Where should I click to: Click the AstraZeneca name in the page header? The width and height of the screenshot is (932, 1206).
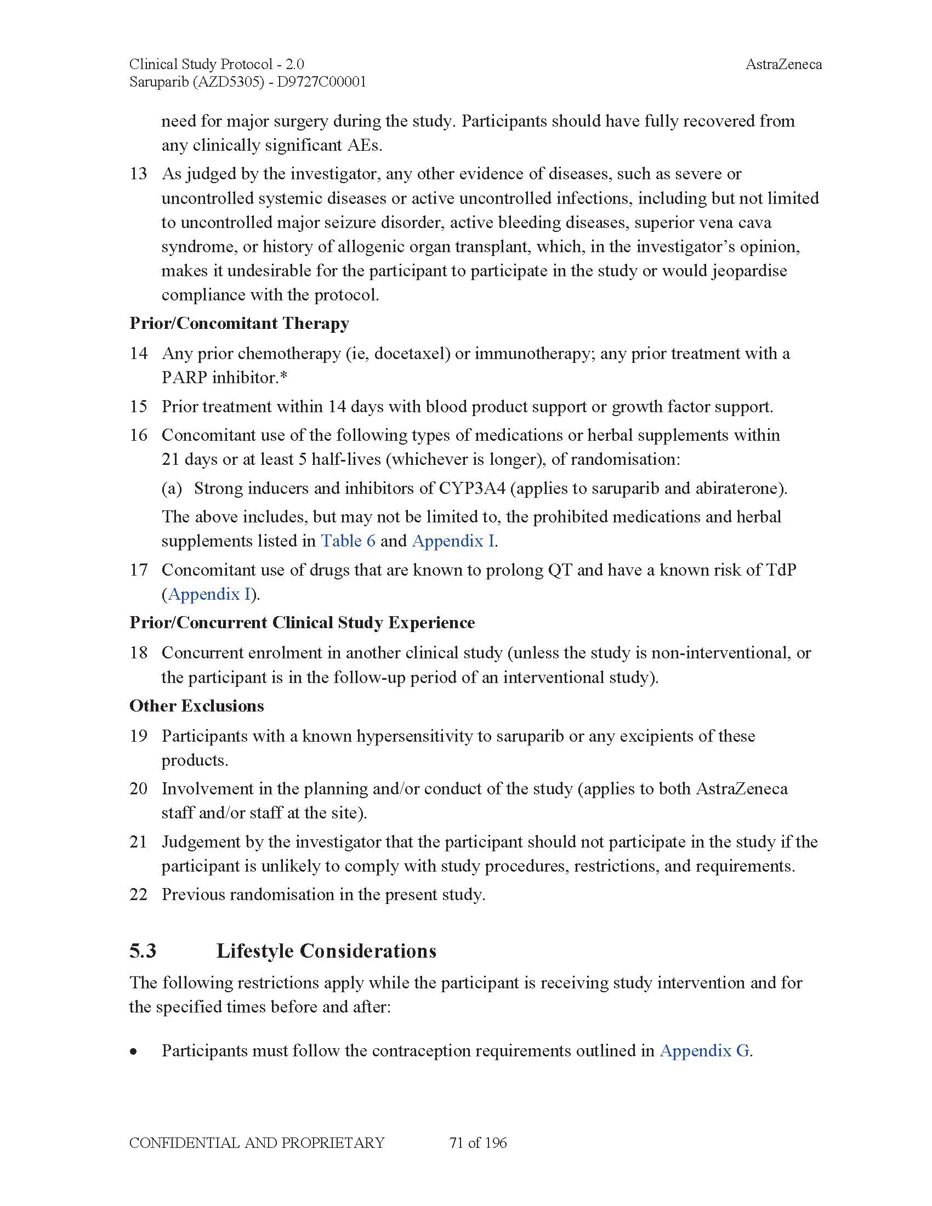(783, 65)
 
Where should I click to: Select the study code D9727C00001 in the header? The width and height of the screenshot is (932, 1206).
(321, 82)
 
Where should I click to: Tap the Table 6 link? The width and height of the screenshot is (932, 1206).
(348, 541)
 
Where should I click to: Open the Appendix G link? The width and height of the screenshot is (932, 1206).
(704, 1050)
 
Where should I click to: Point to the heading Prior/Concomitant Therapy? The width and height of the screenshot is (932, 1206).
(239, 323)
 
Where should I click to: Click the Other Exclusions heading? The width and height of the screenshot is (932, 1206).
(197, 706)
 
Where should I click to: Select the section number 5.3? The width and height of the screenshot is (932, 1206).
(143, 951)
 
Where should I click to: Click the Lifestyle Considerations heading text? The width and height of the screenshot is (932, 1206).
(326, 951)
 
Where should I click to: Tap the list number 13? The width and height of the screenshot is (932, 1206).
(139, 174)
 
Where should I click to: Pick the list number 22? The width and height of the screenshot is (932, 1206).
(139, 895)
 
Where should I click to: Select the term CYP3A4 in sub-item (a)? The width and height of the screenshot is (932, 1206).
(471, 488)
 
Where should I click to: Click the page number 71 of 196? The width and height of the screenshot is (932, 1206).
(478, 1143)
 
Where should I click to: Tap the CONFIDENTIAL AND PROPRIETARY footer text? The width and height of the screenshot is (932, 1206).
(257, 1143)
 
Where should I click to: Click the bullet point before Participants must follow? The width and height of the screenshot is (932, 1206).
(134, 1051)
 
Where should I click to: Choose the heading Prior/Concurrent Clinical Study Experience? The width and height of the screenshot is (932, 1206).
(302, 622)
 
